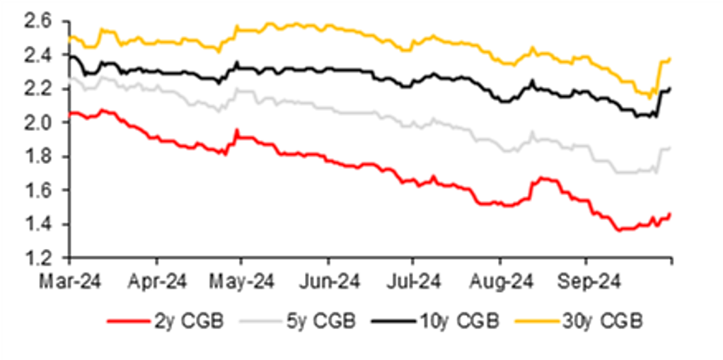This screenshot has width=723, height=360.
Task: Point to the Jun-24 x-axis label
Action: (328, 281)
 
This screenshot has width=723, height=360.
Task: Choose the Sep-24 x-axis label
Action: (586, 281)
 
